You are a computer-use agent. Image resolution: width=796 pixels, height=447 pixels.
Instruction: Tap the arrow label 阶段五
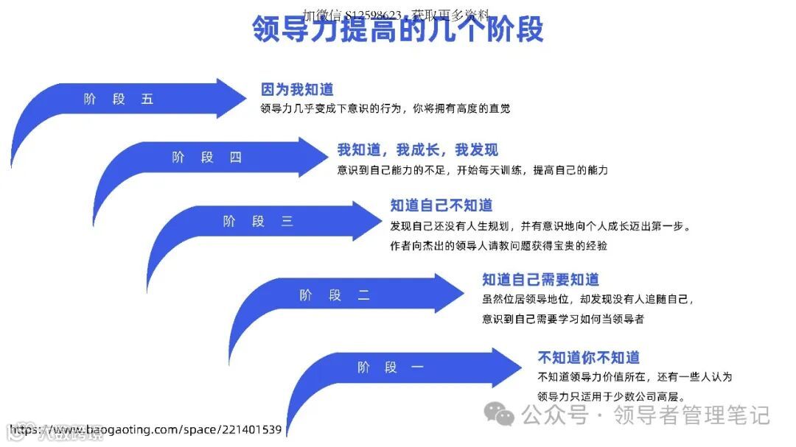(x=119, y=99)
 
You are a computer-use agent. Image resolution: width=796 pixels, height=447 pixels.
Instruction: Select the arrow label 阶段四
(x=206, y=158)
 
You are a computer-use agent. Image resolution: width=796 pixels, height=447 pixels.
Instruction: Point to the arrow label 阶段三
(x=258, y=221)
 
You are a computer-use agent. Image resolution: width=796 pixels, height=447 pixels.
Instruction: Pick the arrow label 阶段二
(x=335, y=295)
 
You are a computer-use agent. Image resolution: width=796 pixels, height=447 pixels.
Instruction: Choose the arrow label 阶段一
(x=391, y=367)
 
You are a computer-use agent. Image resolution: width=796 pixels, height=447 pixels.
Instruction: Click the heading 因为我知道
(x=297, y=90)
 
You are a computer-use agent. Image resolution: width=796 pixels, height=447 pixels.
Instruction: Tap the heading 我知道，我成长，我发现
(x=417, y=150)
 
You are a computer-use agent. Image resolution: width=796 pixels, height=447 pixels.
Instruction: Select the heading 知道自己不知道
(x=441, y=205)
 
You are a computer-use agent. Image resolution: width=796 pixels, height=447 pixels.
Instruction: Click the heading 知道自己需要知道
(x=540, y=280)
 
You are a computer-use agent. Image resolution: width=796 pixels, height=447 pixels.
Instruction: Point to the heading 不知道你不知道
(x=588, y=358)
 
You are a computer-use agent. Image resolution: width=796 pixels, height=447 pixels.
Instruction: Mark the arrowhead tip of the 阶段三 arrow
(x=377, y=221)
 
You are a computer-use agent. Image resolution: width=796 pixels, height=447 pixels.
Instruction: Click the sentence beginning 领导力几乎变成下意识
(x=385, y=109)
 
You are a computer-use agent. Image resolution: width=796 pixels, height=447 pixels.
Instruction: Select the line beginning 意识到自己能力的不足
(x=472, y=170)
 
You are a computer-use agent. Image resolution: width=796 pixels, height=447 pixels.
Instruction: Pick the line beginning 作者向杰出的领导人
(x=499, y=246)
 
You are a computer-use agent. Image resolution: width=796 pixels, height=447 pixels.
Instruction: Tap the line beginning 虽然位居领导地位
(x=587, y=300)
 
